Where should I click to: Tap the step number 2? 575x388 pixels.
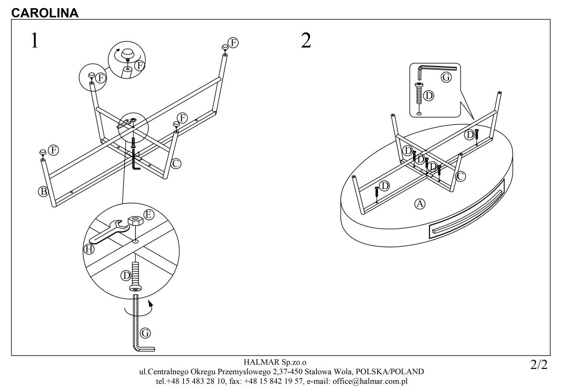point(306,41)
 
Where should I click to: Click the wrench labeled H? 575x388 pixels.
point(106,233)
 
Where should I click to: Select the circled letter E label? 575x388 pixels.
point(149,215)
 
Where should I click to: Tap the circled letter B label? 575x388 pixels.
point(43,191)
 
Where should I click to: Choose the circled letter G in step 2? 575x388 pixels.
point(446,77)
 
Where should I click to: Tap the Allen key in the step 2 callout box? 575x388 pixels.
point(434,69)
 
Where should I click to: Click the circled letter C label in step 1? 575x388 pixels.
point(176,164)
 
